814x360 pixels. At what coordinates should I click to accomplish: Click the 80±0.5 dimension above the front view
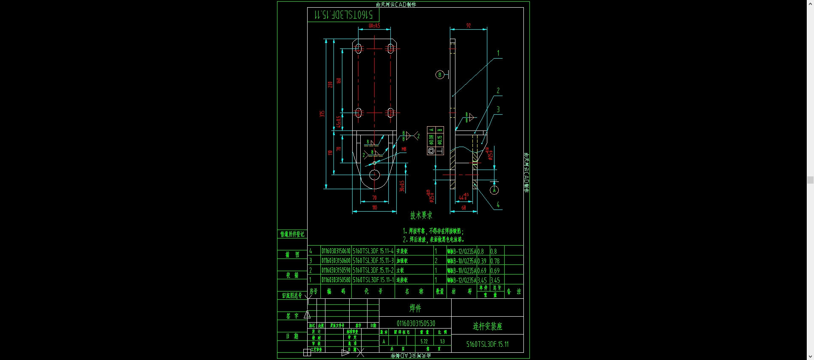point(374,26)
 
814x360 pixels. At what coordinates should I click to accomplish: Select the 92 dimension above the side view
point(469,26)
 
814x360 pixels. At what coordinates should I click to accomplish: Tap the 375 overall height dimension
point(322,114)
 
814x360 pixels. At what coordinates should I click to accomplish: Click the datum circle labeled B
point(440,75)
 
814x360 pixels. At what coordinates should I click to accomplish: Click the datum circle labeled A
point(494,190)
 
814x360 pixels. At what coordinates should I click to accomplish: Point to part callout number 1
point(498,54)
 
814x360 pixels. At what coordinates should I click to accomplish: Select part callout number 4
point(498,205)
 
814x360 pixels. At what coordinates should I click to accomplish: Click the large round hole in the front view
point(374,175)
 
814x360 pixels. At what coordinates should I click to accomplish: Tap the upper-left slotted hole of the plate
point(359,48)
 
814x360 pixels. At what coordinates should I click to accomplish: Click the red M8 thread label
point(404,149)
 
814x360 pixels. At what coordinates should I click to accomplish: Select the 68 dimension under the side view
point(464,208)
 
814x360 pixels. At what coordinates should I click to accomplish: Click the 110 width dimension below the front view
point(374,208)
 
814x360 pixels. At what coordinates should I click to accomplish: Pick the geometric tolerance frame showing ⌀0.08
point(431,140)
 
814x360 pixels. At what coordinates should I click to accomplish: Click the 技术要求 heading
point(421,215)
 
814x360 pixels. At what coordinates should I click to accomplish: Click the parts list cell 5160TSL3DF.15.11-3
point(373,261)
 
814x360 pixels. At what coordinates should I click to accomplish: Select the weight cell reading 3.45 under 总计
point(495,280)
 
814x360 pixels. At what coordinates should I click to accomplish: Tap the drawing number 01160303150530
point(415,323)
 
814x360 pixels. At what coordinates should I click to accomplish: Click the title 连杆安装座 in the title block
point(487,326)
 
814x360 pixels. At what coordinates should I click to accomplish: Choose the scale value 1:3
point(442,341)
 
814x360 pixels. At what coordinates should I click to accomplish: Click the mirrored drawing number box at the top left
point(343,15)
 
